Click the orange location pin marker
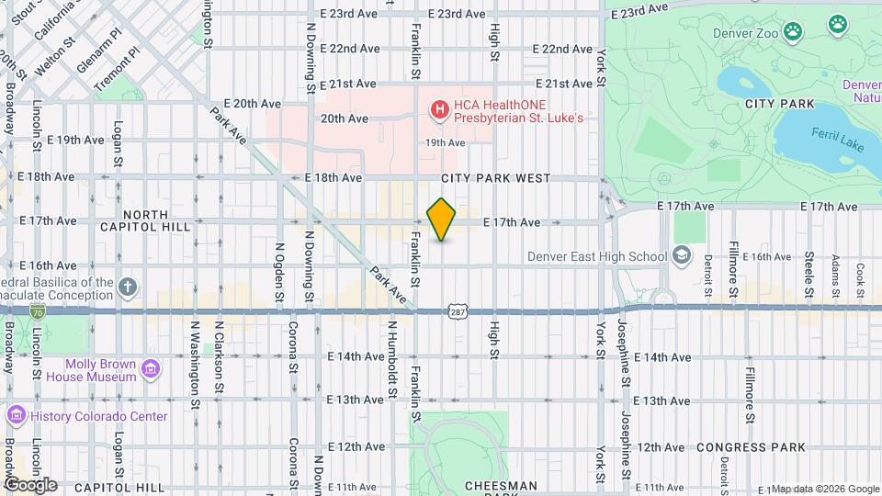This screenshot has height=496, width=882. pos(442,220)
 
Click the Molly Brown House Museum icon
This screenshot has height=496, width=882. pos(150,369)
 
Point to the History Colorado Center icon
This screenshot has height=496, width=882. pos(16,416)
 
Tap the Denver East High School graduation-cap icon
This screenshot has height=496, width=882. pos(682,254)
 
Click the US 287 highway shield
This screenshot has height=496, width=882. pos(457,312)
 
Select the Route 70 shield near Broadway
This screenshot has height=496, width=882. pos(36,311)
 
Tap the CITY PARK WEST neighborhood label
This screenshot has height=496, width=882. pos(495,178)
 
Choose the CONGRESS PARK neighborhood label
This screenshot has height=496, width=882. pos(751,447)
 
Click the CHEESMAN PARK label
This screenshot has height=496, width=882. pos(501,485)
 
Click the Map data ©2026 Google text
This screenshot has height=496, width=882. pos(824,489)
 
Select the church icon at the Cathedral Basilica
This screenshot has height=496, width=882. pos(128,287)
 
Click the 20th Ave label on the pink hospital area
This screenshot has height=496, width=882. pos(344,118)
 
